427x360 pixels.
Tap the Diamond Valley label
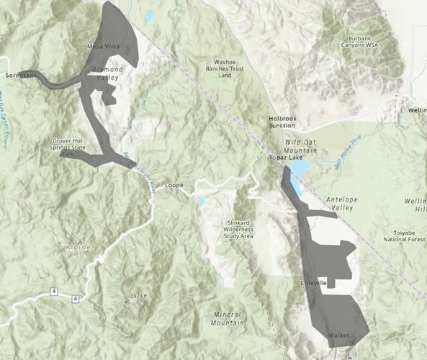[108, 73]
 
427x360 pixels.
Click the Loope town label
[175, 185]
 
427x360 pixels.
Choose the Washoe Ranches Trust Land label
[226, 68]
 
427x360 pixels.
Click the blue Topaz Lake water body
[299, 176]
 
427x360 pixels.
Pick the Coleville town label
[313, 284]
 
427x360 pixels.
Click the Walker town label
[338, 336]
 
